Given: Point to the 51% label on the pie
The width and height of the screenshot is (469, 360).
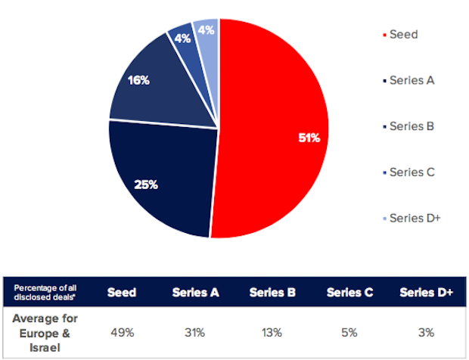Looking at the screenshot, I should point(309,138).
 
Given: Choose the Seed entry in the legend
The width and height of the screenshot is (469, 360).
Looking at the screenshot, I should point(403,35).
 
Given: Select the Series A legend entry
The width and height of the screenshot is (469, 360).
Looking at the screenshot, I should point(412,80).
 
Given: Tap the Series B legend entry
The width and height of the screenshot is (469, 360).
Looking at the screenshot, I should point(412,126).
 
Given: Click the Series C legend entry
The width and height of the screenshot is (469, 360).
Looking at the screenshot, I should point(412,172).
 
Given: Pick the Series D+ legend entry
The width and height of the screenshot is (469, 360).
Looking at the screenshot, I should point(415,218).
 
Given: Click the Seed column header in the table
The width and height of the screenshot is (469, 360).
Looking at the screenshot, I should point(121,292).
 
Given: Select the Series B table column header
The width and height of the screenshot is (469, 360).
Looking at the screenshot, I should point(272,292).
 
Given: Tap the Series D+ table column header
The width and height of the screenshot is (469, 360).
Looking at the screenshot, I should point(425,292).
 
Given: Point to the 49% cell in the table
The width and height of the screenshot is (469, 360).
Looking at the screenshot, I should point(121,331).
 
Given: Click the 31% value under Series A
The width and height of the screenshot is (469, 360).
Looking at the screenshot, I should point(196,331).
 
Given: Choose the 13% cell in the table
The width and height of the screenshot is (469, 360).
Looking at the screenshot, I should point(272,331).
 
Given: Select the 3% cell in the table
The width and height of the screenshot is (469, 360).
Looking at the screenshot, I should point(425,331).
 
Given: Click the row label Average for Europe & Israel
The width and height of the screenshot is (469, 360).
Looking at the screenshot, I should point(45,331).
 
